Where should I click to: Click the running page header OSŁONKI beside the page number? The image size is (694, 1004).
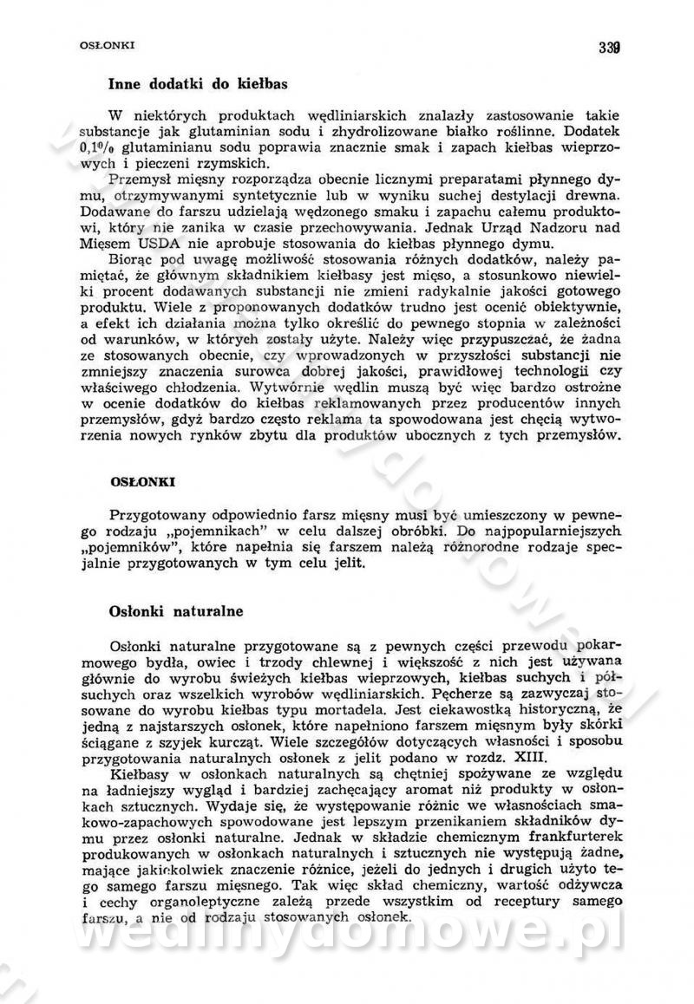(x=90, y=43)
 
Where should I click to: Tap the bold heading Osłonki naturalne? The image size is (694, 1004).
(x=176, y=611)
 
